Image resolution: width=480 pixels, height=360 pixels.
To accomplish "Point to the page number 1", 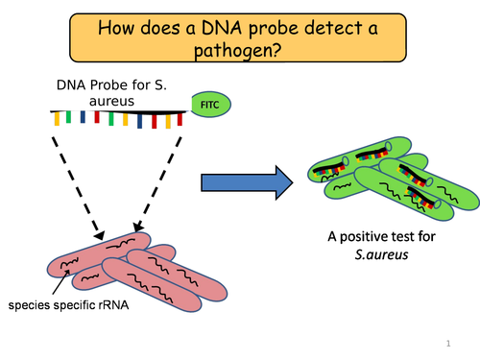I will [448, 343].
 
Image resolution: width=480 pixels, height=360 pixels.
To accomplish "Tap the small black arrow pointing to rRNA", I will [57, 281].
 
